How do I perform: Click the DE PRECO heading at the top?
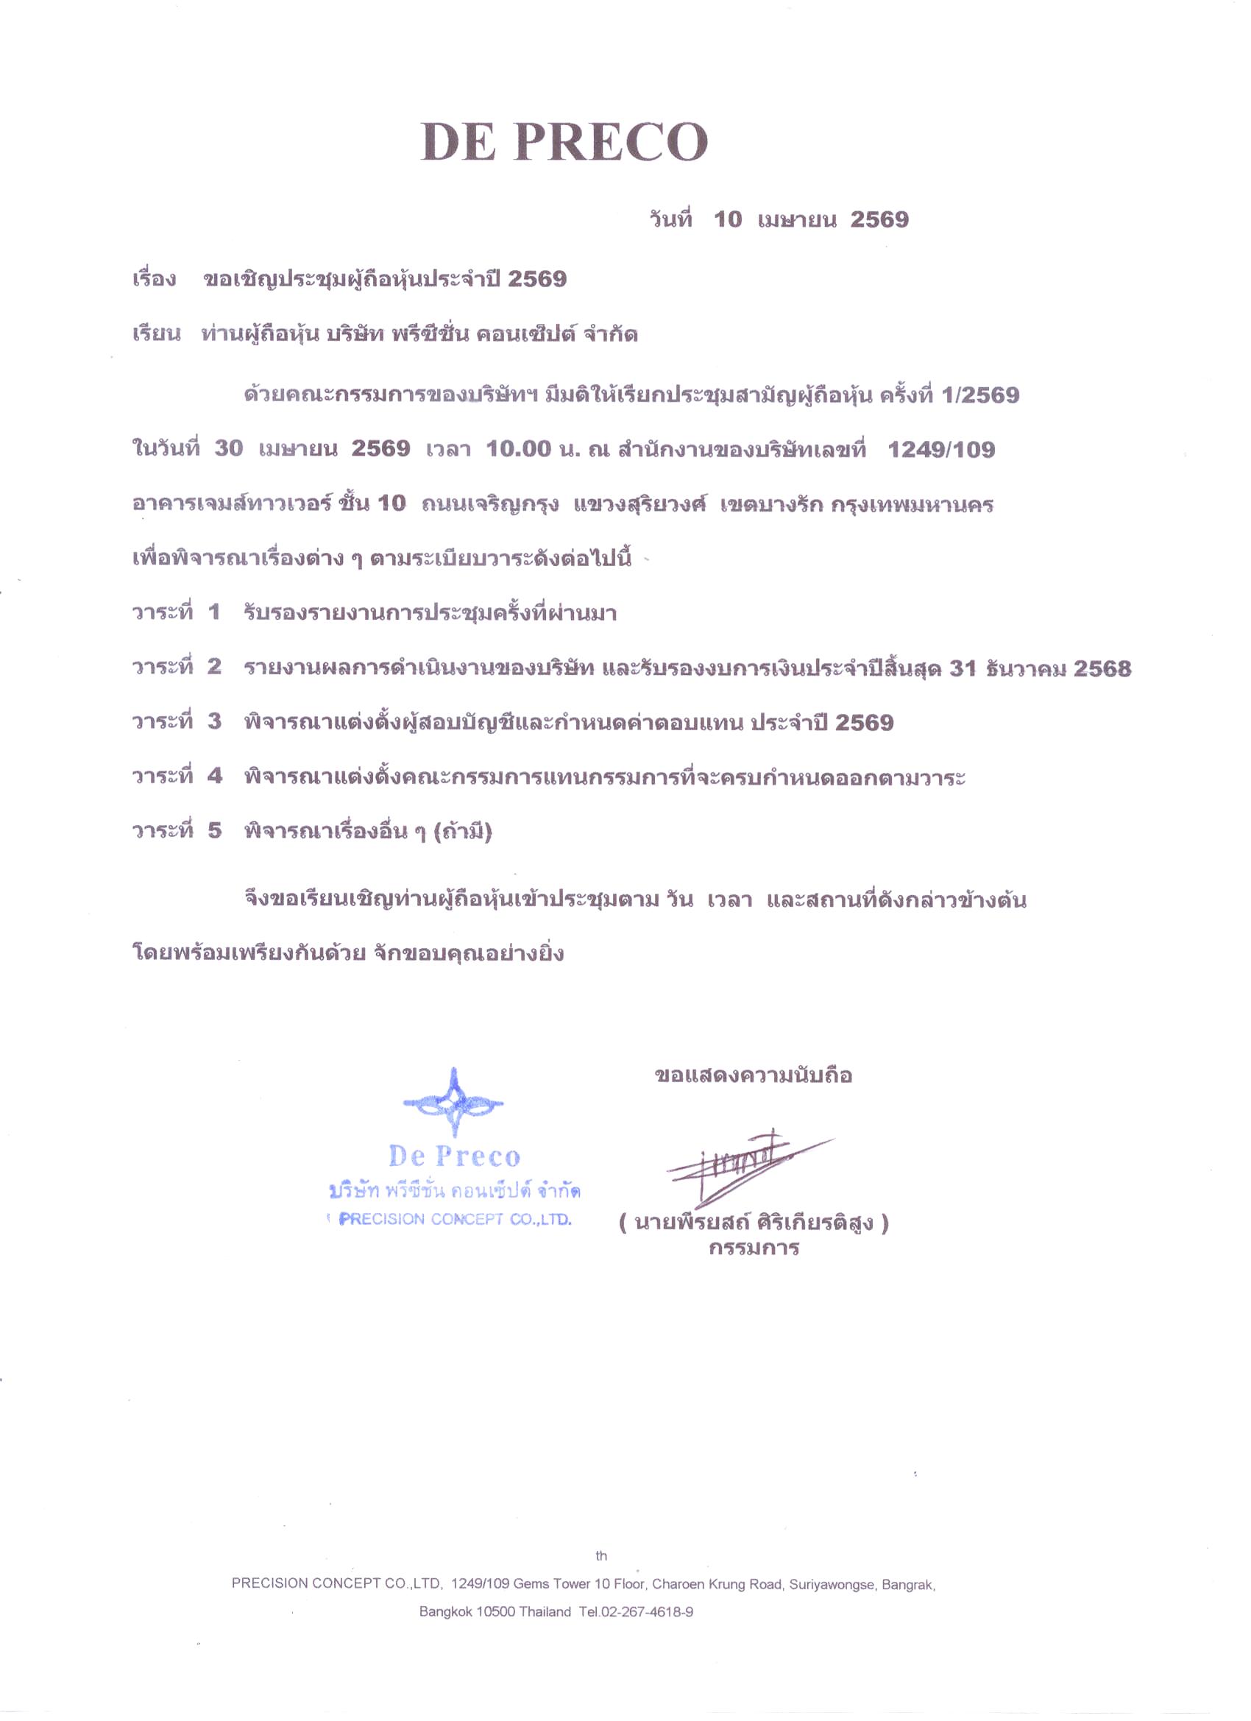[x=564, y=141]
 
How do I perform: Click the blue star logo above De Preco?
[x=453, y=1103]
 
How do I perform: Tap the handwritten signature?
[x=747, y=1162]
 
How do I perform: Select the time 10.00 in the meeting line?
[x=518, y=449]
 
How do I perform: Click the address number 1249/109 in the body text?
[x=940, y=450]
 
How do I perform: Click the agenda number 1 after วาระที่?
[x=214, y=612]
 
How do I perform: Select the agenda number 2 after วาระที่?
[x=214, y=667]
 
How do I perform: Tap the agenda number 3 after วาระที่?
[x=214, y=721]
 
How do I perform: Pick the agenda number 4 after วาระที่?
[x=215, y=777]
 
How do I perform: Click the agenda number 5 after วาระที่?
[x=215, y=831]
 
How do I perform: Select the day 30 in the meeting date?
[x=228, y=449]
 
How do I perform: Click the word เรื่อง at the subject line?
[x=155, y=279]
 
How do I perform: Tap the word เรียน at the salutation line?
[x=157, y=335]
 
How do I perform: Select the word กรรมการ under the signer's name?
[x=754, y=1249]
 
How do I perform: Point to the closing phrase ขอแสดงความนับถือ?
[x=754, y=1075]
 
